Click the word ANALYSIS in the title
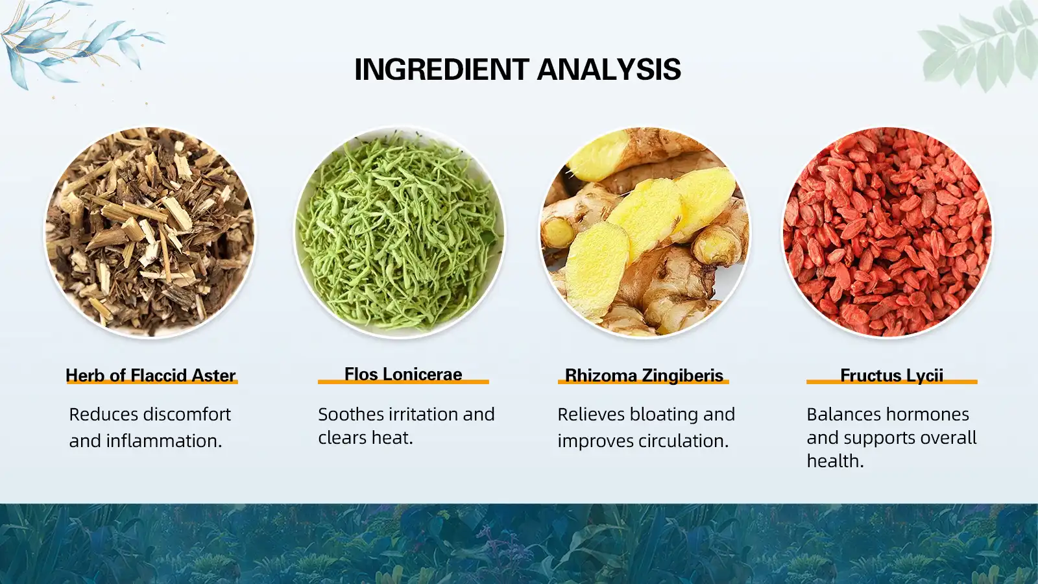coord(609,69)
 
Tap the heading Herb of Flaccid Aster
coord(151,375)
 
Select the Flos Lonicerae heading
coord(403,374)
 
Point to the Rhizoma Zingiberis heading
coord(644,375)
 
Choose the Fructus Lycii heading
coord(891,375)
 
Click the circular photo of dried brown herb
coord(150,232)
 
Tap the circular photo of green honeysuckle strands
coord(400,232)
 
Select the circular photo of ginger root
coord(644,232)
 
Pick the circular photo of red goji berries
coord(887,232)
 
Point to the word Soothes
coord(351,414)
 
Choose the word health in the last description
coord(834,461)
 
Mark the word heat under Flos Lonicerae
coord(391,437)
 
